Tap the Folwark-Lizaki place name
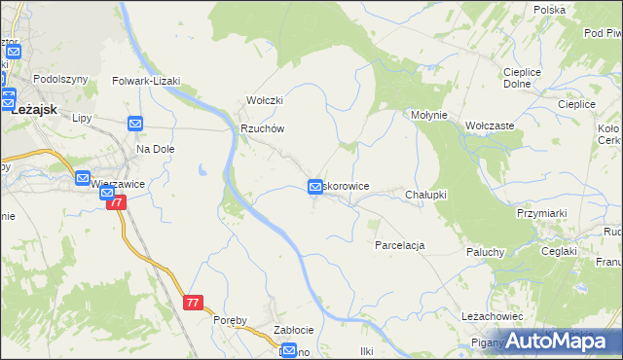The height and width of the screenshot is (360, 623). point(147,82)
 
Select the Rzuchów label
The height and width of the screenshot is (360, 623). point(262,128)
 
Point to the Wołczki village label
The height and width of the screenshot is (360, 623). point(264,100)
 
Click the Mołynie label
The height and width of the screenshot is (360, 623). point(428,115)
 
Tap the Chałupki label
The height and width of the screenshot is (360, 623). point(425,195)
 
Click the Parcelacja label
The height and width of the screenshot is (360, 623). point(399,245)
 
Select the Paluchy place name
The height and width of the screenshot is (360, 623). point(483,252)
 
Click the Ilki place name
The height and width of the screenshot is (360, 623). point(367,350)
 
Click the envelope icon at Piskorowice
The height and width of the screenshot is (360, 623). point(315,186)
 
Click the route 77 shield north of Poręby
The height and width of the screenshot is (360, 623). point(192,303)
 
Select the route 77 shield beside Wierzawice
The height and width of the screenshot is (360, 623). point(117,202)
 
